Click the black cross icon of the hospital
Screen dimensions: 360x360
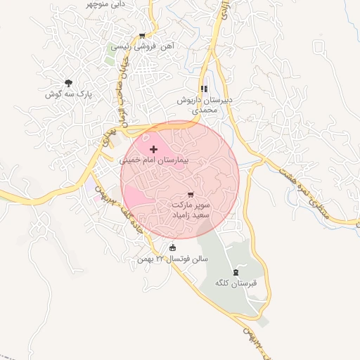(x=153, y=149)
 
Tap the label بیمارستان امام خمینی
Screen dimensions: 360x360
(x=155, y=160)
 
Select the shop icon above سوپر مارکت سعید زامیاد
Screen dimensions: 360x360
(x=191, y=193)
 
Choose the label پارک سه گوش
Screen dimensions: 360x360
(x=65, y=94)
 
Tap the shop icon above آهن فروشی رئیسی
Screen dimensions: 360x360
(x=142, y=36)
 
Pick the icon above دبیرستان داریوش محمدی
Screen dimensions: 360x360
(x=204, y=89)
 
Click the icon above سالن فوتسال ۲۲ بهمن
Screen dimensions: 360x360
(x=173, y=247)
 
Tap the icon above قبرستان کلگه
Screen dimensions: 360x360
(x=235, y=272)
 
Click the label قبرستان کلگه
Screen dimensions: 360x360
(x=235, y=283)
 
